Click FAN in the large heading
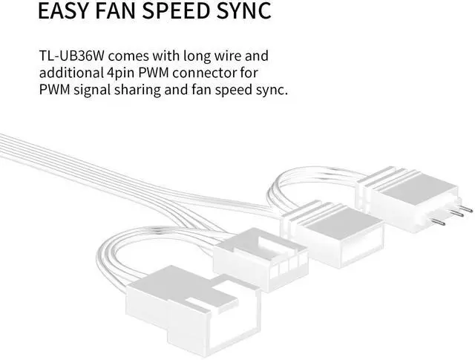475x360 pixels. coord(116,10)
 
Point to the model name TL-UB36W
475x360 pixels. coord(72,56)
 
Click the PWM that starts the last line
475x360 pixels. coord(54,90)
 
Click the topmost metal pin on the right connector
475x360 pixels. coord(465,209)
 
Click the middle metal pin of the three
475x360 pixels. coord(456,213)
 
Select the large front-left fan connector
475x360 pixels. coord(194,310)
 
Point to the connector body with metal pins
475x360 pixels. coord(409,198)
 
